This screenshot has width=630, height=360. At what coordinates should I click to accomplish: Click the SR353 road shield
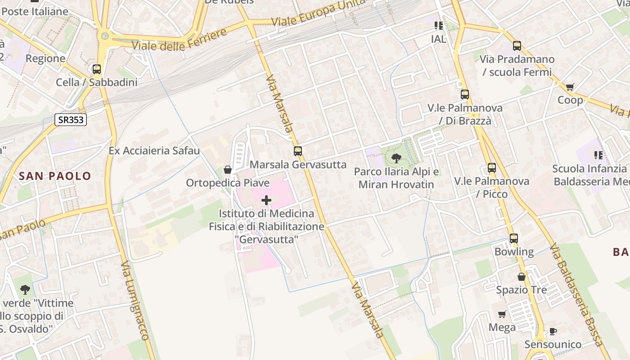coord(71,120)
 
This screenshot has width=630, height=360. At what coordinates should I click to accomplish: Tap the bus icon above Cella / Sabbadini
coord(97,69)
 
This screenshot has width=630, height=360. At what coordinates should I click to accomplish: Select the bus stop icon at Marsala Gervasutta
coord(297,151)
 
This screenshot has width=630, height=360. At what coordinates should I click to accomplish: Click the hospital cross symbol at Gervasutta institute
coord(266,200)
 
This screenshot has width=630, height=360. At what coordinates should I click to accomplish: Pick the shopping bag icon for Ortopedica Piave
coord(228,170)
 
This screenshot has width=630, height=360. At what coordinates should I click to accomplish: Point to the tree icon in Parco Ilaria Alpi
coord(396,158)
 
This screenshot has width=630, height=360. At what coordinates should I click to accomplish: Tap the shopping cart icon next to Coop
coord(570,87)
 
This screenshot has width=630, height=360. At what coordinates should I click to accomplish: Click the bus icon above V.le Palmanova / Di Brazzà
coord(465,94)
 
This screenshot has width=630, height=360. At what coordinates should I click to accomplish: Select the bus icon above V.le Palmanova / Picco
coord(492,168)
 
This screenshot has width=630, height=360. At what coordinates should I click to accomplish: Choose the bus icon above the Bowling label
coord(514,238)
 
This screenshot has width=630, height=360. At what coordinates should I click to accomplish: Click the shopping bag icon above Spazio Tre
coord(522,277)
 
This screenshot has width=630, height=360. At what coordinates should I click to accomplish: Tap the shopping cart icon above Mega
coord(502,314)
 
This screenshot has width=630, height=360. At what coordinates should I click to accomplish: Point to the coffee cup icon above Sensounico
coord(553,332)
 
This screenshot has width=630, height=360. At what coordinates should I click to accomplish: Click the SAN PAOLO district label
coord(55,176)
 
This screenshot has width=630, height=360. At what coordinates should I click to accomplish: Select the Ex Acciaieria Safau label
coord(154,150)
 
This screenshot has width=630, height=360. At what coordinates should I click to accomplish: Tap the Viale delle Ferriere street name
coord(179,40)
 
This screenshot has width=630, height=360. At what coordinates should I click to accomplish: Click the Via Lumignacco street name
coord(135,301)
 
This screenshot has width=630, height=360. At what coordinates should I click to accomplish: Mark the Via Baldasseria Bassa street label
coord(576,295)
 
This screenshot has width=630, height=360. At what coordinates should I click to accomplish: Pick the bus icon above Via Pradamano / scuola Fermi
coord(517,45)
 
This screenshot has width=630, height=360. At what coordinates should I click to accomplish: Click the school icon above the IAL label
coord(439,26)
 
